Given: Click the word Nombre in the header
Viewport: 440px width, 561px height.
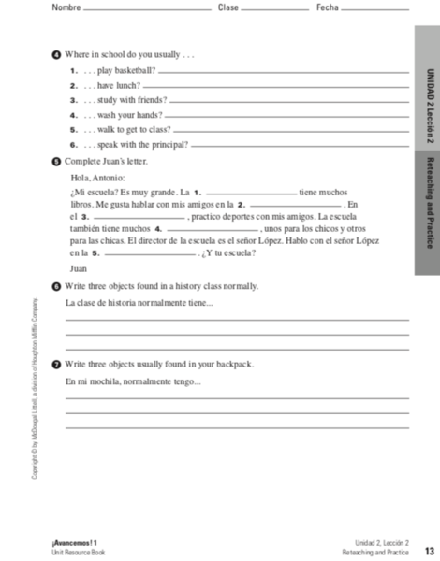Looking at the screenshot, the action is click(66, 7).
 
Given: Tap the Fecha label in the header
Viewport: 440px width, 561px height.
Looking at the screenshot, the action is click(326, 7).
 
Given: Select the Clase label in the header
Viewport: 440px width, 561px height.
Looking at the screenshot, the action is click(227, 7).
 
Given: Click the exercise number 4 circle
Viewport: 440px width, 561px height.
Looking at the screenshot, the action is click(57, 55).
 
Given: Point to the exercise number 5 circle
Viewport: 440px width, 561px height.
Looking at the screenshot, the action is click(57, 161).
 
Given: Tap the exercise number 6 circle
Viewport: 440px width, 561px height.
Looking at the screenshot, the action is click(57, 286).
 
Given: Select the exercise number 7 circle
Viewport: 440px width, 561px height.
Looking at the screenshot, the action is click(57, 364).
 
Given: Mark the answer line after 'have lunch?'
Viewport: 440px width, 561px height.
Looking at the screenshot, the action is click(276, 87).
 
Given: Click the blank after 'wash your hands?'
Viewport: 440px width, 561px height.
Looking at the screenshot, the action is click(287, 116).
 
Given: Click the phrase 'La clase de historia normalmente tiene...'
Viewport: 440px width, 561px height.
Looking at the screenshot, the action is click(139, 303).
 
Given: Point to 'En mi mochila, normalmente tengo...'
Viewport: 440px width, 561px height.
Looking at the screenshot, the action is click(133, 381).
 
